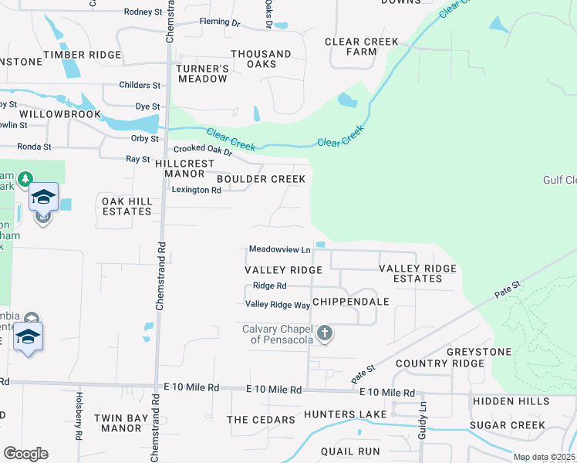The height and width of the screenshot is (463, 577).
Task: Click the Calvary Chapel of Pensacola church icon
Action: click(x=325, y=333)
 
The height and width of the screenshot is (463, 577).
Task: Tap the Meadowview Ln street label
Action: click(x=279, y=249)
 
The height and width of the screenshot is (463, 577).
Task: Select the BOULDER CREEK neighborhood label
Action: click(x=261, y=179)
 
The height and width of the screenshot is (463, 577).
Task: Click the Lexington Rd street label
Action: click(x=196, y=189)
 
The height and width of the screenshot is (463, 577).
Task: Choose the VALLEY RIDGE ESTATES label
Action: click(x=417, y=273)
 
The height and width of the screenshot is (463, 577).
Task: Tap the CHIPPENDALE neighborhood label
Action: click(x=351, y=302)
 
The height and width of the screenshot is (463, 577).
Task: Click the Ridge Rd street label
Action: click(x=270, y=286)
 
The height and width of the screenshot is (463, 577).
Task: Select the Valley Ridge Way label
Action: click(x=278, y=305)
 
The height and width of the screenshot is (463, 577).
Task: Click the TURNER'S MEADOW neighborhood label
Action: click(x=203, y=73)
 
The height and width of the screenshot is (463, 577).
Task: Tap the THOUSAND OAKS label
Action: click(x=262, y=59)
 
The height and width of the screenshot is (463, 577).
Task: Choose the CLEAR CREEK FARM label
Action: click(x=362, y=46)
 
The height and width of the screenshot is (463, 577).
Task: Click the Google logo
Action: click(x=25, y=454)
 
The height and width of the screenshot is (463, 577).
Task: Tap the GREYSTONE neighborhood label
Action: click(x=479, y=352)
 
